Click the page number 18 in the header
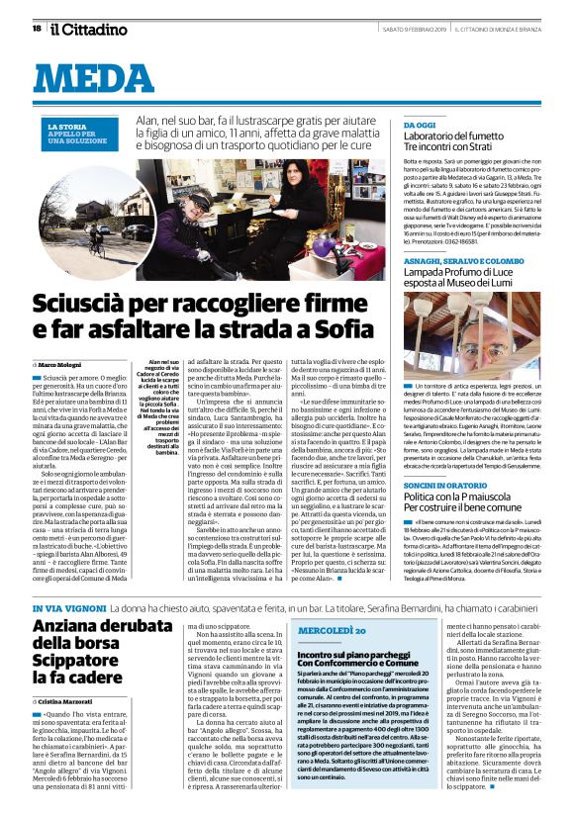(37, 28)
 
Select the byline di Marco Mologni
(66, 364)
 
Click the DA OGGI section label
(422, 126)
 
